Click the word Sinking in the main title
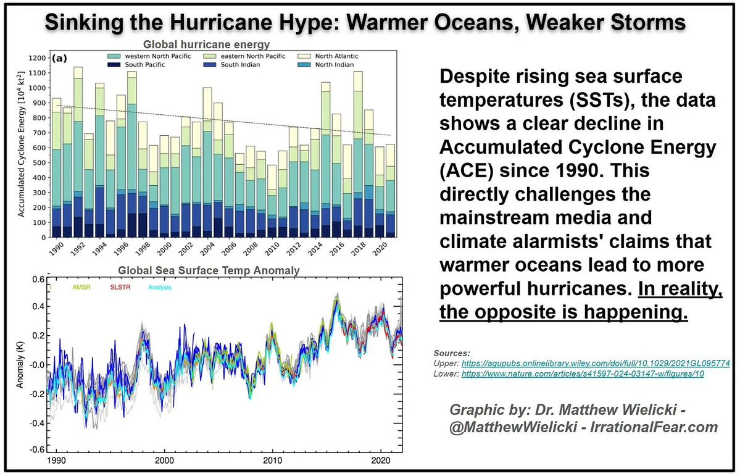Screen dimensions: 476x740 tap(92, 23)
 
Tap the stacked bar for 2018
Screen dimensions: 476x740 tap(358, 154)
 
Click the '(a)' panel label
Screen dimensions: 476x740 tap(60, 59)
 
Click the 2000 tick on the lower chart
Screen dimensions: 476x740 tap(164, 461)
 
